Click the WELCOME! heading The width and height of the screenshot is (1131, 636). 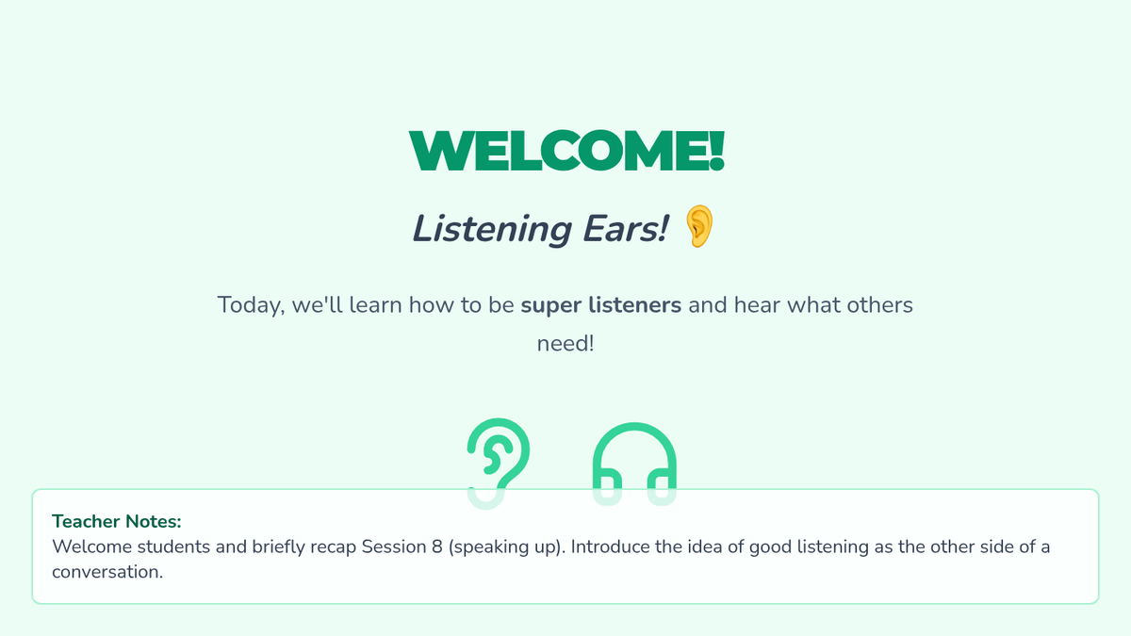tap(566, 151)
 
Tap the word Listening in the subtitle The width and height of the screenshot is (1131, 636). tap(492, 230)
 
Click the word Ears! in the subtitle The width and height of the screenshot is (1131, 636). tap(626, 229)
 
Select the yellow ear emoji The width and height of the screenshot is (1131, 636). tap(699, 226)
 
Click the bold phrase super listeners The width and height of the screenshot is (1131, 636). tap(601, 305)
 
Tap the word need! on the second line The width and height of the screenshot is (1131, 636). tap(565, 344)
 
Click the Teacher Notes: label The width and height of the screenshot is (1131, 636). tap(117, 521)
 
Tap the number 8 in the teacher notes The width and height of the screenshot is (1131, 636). tap(436, 546)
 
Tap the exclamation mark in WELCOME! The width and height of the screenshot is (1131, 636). tap(717, 151)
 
